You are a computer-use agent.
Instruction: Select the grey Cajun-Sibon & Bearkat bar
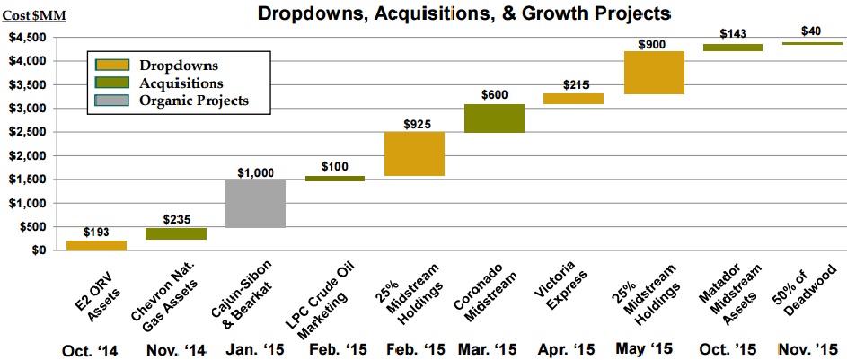(x=254, y=204)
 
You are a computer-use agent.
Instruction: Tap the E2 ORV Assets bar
(x=98, y=245)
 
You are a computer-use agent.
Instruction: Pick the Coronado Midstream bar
(x=493, y=119)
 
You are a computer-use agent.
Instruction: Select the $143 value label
(x=732, y=32)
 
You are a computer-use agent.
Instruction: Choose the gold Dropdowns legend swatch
(x=110, y=66)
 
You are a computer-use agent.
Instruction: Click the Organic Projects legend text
(x=192, y=101)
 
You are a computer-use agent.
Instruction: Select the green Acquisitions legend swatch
(x=110, y=83)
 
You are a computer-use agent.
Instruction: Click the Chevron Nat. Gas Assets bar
(x=176, y=233)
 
